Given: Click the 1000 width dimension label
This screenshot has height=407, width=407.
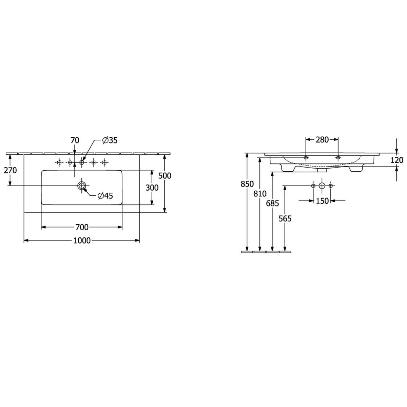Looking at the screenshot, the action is (82, 240).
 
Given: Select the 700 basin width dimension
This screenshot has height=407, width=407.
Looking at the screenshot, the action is (82, 227).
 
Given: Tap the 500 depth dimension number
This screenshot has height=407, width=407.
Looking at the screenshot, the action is (165, 176).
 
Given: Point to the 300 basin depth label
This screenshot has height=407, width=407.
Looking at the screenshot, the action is (152, 188).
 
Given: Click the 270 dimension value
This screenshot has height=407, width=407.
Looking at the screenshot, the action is (11, 170).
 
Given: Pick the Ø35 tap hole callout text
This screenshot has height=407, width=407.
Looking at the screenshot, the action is (110, 140).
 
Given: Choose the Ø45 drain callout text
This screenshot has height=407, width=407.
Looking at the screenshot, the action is (105, 196).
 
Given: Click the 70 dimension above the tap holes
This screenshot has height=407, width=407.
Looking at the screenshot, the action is (75, 140).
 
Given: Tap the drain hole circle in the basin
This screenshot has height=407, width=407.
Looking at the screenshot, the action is (82, 186).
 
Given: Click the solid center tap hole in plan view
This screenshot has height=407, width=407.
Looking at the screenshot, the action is (82, 162).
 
